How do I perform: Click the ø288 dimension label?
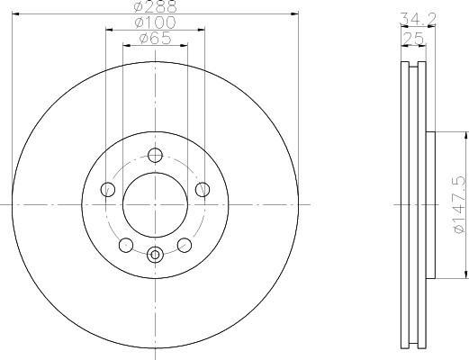[155, 6]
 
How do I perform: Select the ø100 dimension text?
[155, 22]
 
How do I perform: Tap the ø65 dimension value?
[155, 39]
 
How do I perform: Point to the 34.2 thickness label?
[419, 19]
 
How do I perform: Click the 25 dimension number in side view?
[414, 38]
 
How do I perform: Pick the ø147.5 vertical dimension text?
[459, 204]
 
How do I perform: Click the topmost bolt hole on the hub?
[155, 156]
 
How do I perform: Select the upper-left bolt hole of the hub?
[108, 190]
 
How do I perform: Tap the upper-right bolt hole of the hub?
[203, 190]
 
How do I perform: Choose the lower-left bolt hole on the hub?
[126, 245]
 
